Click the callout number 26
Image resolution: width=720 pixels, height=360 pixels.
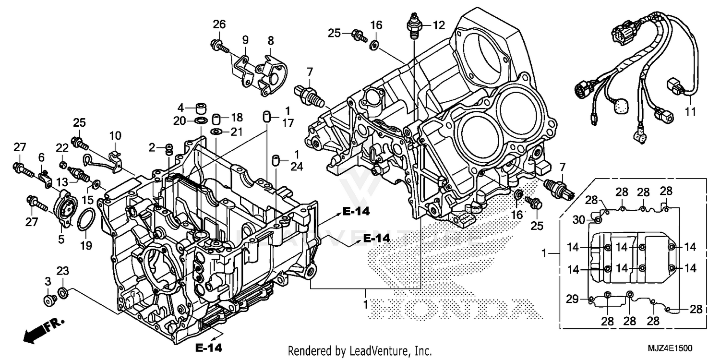click(x=219, y=24)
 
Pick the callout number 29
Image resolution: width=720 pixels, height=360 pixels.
click(x=572, y=299)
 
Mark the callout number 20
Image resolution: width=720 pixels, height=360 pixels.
click(x=180, y=121)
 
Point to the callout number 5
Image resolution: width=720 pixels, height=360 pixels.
click(x=61, y=240)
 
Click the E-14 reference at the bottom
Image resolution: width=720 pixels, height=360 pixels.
click(x=209, y=347)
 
